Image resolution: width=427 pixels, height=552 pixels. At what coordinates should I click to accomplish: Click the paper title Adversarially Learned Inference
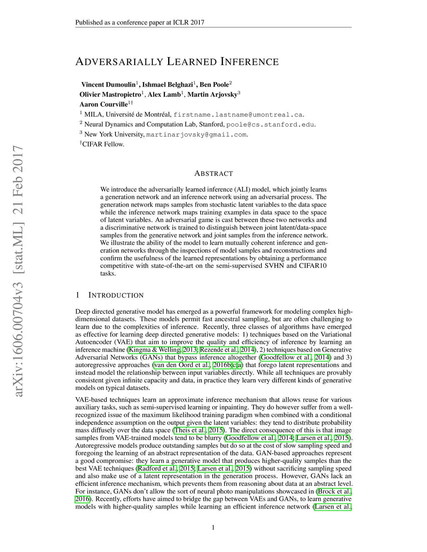[177, 62]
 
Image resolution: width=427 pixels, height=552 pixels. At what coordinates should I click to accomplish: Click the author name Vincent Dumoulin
[108, 85]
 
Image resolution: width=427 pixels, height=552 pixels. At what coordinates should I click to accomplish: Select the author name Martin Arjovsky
[212, 95]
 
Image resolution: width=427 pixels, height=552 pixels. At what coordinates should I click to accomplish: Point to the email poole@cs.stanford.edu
[270, 125]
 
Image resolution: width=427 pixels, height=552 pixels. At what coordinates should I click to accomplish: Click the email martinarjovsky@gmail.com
[196, 135]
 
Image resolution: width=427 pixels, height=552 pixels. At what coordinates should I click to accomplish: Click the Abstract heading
[213, 174]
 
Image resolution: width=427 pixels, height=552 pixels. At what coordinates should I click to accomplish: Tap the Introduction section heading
[116, 295]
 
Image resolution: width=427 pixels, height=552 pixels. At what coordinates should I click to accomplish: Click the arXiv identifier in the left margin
[18, 271]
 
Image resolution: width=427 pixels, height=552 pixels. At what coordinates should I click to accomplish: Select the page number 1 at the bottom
[213, 527]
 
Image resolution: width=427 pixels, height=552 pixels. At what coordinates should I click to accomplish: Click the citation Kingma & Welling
[155, 350]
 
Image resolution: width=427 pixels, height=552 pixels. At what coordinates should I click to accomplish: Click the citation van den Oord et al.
[182, 365]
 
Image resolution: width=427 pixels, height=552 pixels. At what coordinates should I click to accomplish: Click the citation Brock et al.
[334, 492]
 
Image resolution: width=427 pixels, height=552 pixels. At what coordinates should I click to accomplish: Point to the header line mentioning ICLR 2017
[140, 22]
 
